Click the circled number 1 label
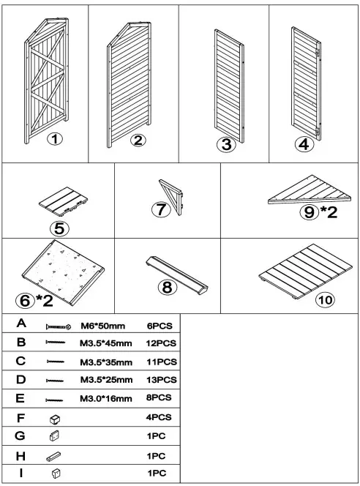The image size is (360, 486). [55, 139]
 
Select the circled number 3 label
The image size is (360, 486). [227, 144]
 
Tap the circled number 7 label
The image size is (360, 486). [161, 209]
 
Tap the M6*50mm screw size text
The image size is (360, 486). [103, 326]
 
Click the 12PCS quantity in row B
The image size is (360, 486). [161, 343]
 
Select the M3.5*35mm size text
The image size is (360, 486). [106, 362]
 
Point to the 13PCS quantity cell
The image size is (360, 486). [162, 380]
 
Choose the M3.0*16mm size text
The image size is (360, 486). [106, 399]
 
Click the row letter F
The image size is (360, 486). [20, 418]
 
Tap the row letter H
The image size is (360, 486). [20, 456]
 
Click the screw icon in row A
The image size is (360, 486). [59, 326]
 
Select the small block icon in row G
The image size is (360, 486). [54, 435]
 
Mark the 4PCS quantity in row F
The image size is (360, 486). [159, 417]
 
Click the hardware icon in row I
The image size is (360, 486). [56, 474]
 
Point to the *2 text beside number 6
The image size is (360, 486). [45, 300]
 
